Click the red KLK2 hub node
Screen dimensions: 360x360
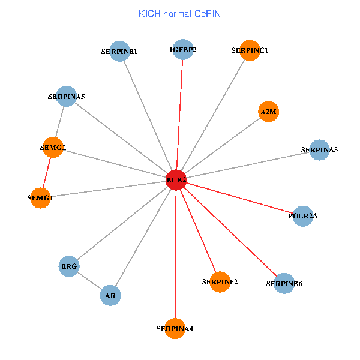175,180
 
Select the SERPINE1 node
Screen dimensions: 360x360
120,51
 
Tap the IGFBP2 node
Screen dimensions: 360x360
182,49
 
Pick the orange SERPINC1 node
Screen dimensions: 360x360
249,50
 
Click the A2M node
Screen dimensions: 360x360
268,111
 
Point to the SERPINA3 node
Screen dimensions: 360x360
319,150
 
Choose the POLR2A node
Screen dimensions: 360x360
303,216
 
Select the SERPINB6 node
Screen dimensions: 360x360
284,283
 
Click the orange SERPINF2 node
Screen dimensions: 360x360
220,282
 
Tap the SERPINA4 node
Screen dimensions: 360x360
175,328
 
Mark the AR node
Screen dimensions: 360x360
110,295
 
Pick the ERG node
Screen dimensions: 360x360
69,266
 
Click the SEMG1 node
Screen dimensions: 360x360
40,197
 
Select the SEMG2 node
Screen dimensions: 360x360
53,148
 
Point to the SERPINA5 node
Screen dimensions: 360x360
66,96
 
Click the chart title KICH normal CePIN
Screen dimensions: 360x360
179,13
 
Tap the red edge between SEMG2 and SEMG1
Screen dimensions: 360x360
47,173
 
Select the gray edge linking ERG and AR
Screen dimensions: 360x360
89,281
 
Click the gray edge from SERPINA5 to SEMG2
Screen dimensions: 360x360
59,122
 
